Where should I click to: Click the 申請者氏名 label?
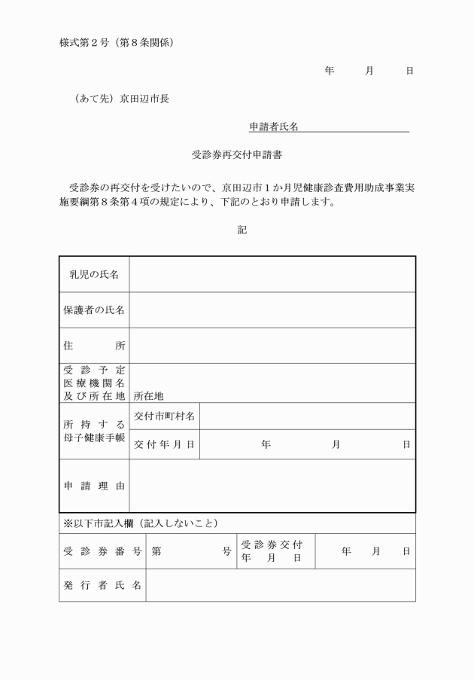(274, 127)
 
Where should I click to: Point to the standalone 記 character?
(242, 230)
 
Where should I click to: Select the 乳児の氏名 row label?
(94, 274)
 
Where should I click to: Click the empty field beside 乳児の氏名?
(272, 274)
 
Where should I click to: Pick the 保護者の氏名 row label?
(94, 310)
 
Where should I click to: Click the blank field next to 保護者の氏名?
(272, 310)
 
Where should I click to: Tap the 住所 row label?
(94, 346)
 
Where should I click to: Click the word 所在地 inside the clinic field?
(148, 395)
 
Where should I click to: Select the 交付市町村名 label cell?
(164, 416)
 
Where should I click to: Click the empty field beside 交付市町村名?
(307, 416)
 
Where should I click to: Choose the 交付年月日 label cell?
(164, 444)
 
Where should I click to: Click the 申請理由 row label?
(94, 486)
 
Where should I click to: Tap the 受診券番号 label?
(102, 551)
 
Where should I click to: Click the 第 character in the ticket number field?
(156, 551)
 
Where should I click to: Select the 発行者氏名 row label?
(102, 585)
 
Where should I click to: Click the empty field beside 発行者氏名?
(280, 585)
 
